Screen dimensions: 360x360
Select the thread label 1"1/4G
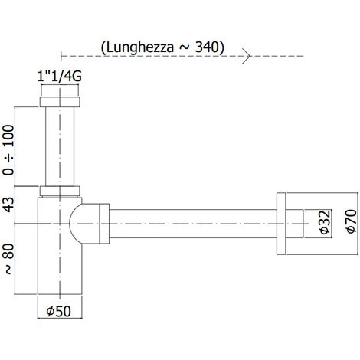point(60,77)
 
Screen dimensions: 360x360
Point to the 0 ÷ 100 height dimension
point(8,149)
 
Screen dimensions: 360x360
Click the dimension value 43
point(8,205)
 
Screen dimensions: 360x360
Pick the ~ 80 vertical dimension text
point(9,259)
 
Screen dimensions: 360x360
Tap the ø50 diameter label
point(59,311)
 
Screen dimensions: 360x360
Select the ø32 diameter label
point(325,222)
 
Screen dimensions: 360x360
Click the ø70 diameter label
point(352,221)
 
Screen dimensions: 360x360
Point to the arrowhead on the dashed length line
point(247,56)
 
